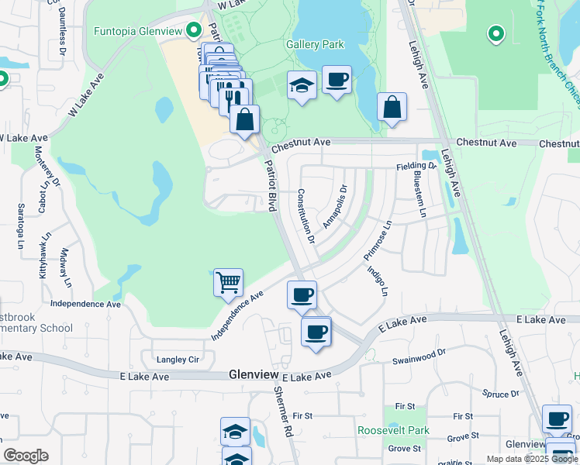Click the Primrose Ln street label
pos(378,239)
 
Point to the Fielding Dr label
pos(416,166)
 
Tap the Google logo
pos(26,456)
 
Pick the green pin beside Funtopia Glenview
pos(193,31)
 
